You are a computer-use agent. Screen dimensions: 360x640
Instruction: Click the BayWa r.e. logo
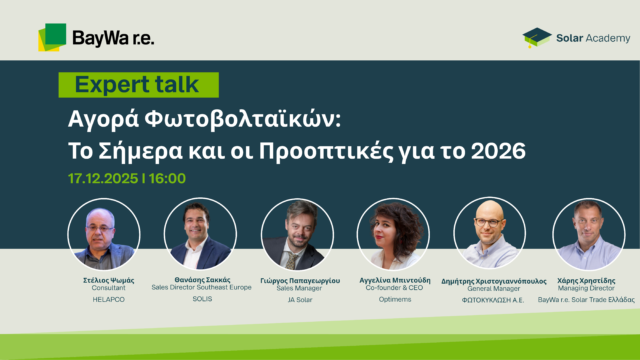click(96, 37)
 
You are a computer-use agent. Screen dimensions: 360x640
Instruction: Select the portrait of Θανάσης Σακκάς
click(199, 234)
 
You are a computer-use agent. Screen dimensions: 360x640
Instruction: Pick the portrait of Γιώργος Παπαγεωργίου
click(296, 234)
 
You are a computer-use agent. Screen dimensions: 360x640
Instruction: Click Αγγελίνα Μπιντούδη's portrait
click(393, 234)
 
